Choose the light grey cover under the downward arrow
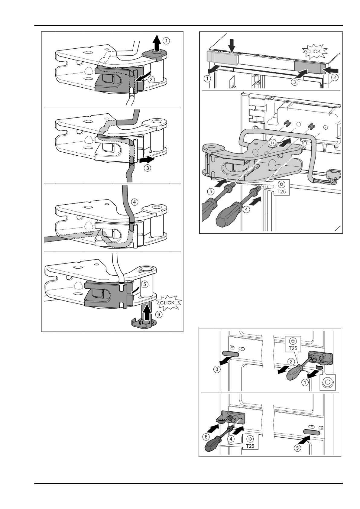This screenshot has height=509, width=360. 222,57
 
